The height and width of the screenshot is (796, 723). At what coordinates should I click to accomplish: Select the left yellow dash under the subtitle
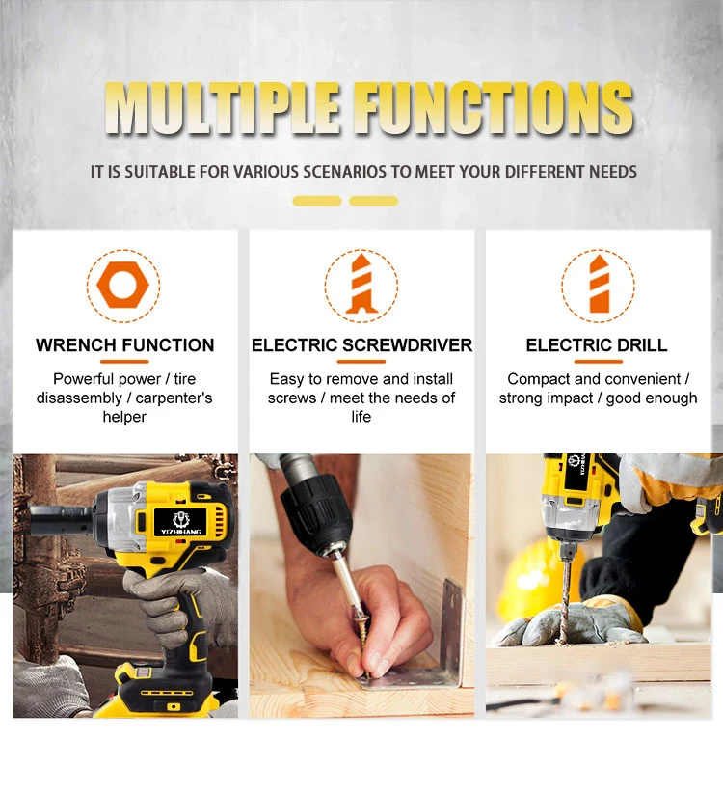(317, 201)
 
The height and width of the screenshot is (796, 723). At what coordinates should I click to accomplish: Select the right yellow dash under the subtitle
(374, 201)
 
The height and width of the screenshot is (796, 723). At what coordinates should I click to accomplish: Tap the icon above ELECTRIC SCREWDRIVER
(361, 285)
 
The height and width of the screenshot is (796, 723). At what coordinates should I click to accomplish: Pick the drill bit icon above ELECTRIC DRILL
(599, 285)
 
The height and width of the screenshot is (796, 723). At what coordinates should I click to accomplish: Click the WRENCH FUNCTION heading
(124, 345)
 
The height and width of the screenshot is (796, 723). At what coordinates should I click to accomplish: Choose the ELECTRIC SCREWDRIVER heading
(361, 345)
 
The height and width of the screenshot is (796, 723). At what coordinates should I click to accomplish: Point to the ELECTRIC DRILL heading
(597, 345)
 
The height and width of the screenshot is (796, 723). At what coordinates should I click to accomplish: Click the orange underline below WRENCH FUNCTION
(124, 362)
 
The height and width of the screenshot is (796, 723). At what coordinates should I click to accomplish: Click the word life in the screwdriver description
(361, 417)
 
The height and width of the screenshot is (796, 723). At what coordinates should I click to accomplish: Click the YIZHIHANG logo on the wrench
(180, 524)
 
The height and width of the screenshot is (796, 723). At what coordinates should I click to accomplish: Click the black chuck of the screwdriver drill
(313, 512)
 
